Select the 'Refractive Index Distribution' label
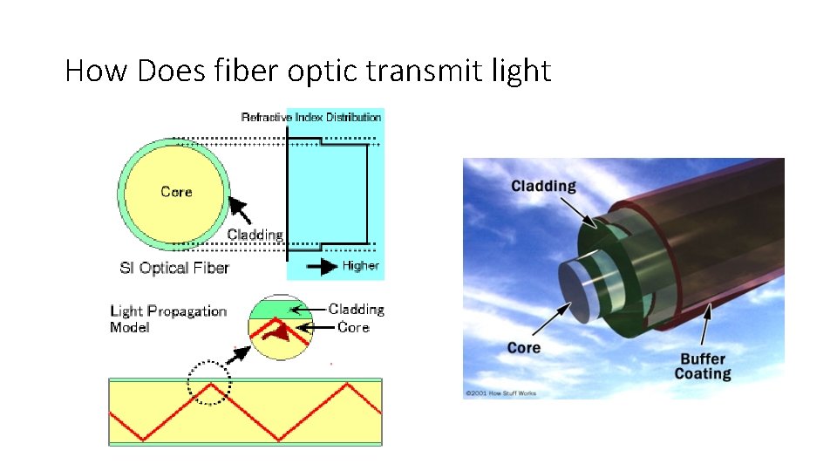click(x=311, y=117)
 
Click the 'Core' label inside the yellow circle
click(x=176, y=192)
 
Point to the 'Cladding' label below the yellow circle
click(x=255, y=235)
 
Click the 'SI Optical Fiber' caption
click(x=174, y=268)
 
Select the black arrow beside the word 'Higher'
click(x=322, y=266)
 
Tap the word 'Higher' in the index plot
click(x=361, y=266)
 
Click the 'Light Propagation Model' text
click(x=167, y=319)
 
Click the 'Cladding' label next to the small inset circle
click(x=356, y=310)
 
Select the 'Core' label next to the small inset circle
click(x=353, y=328)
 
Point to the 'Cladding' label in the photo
click(x=543, y=186)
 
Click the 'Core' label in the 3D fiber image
click(x=524, y=348)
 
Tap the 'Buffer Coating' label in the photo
click(x=703, y=366)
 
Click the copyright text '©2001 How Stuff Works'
click(x=502, y=393)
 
